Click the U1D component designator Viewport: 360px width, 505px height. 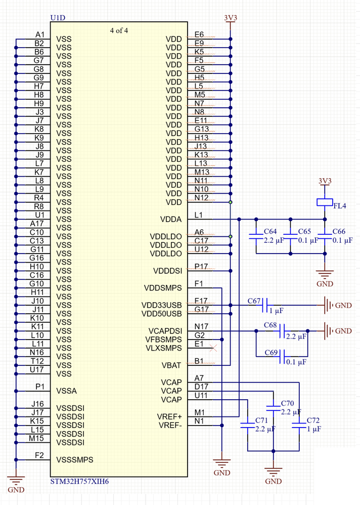tap(58, 18)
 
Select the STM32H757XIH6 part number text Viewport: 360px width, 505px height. tap(79, 481)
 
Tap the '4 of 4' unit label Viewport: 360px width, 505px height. tap(119, 30)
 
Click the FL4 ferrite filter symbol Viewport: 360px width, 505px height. tap(324, 202)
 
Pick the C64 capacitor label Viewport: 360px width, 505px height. tap(270, 231)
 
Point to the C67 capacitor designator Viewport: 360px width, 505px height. tap(254, 301)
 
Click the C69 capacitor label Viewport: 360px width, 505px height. tap(271, 352)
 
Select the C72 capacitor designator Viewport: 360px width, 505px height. tap(313, 420)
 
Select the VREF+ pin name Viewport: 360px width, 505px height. tap(169, 416)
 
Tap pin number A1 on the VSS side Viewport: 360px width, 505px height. tap(40, 34)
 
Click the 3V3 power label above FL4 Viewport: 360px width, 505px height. tap(325, 181)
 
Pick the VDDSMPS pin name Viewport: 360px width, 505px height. tap(162, 288)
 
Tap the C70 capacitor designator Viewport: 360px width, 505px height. tap(287, 404)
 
